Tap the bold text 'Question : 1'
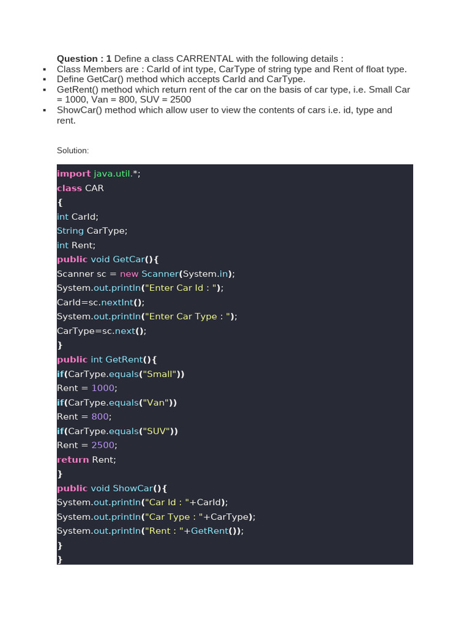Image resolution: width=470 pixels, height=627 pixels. click(x=84, y=59)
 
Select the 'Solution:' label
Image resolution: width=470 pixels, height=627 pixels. click(x=73, y=150)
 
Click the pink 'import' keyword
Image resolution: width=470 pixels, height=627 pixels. click(x=73, y=174)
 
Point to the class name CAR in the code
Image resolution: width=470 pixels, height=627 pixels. click(x=94, y=188)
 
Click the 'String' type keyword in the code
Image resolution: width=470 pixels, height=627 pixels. click(x=70, y=231)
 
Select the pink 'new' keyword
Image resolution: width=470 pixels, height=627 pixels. click(x=129, y=274)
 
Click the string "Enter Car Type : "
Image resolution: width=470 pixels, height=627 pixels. click(x=188, y=317)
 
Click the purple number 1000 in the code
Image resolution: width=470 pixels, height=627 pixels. click(x=103, y=388)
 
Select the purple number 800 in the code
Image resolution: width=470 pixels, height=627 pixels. click(x=100, y=416)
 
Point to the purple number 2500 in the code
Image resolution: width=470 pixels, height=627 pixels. click(x=103, y=445)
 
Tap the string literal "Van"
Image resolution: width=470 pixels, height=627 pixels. click(x=156, y=402)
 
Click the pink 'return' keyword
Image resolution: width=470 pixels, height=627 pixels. click(x=73, y=459)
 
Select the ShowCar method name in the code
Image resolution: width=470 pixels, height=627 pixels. click(x=133, y=488)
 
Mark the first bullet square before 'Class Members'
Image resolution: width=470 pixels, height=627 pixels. click(x=45, y=70)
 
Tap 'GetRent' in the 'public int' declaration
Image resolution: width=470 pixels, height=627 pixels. click(x=124, y=359)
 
